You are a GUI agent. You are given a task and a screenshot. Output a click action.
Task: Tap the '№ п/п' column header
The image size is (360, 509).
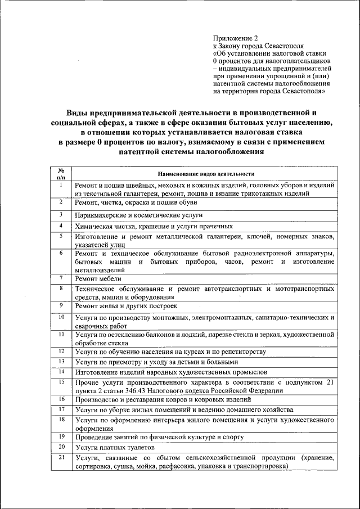(x=60, y=174)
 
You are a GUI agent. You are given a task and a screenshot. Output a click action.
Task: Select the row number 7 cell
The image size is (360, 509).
(x=60, y=278)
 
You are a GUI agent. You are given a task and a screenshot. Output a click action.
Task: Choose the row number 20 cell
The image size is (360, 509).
(x=60, y=447)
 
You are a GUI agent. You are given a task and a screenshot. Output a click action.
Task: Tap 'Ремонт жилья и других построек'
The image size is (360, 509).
(x=126, y=306)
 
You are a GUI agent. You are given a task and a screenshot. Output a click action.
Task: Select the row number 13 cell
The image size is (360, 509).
(x=60, y=361)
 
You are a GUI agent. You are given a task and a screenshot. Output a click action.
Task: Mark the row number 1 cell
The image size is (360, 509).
(x=60, y=184)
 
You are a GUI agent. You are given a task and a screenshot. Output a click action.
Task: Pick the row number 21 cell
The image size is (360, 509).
(x=60, y=458)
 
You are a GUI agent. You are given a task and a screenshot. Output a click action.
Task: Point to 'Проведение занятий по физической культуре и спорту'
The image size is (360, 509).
(x=159, y=437)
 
